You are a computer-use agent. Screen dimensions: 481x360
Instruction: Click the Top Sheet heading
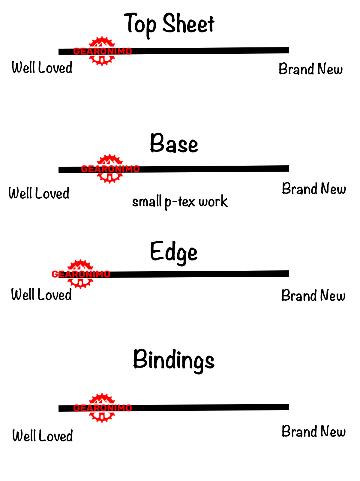[x=169, y=24]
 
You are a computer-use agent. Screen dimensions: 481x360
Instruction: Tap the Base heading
[x=174, y=143]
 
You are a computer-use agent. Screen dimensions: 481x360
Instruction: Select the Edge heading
[x=174, y=252]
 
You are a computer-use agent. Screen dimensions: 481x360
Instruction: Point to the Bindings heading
[x=174, y=360]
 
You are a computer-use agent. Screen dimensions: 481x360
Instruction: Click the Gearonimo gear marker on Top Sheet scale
[x=102, y=51]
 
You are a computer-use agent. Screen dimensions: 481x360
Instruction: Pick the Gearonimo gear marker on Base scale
[x=110, y=169]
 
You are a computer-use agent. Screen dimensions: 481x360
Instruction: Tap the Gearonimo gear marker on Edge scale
[x=80, y=274]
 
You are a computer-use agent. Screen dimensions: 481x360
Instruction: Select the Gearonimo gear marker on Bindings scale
[x=102, y=408]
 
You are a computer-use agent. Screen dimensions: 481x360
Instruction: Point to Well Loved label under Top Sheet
[x=42, y=68]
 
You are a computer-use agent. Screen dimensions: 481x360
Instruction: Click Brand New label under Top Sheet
[x=310, y=69]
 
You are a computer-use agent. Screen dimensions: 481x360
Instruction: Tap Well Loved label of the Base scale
[x=39, y=193]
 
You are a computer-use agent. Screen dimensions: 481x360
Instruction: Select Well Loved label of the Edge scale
[x=41, y=294]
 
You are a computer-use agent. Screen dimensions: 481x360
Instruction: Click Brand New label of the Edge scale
[x=313, y=296]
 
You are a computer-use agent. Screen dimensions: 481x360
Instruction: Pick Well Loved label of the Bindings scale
[x=43, y=436]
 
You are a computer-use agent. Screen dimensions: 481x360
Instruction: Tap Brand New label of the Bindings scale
[x=313, y=431]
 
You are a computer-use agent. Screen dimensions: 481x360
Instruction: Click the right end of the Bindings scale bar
[x=287, y=407]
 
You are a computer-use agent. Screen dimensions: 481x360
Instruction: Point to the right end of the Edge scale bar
[x=287, y=274]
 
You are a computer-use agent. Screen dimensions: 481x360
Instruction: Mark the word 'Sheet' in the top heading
[x=188, y=24]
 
